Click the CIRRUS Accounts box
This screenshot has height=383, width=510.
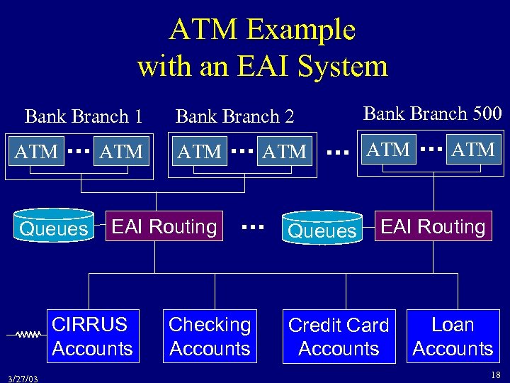(x=92, y=336)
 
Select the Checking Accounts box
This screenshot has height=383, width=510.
(x=210, y=336)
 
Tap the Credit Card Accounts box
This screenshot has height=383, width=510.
(x=339, y=337)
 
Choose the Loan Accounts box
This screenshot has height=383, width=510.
(x=453, y=336)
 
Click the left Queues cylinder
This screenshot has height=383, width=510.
(x=55, y=226)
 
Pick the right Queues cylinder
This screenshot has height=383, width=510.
(x=322, y=228)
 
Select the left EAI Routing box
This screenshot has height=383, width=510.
(x=164, y=226)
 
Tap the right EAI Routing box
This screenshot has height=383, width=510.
(x=433, y=226)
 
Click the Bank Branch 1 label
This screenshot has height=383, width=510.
(x=84, y=116)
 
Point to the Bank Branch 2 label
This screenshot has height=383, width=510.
(x=234, y=116)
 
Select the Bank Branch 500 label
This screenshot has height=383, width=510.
(x=432, y=113)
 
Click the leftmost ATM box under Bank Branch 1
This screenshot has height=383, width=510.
(x=37, y=151)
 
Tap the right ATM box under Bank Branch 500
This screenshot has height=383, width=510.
(x=473, y=150)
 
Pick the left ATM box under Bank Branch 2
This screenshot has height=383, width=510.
(x=200, y=151)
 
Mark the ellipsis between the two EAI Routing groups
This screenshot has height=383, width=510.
(x=253, y=227)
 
